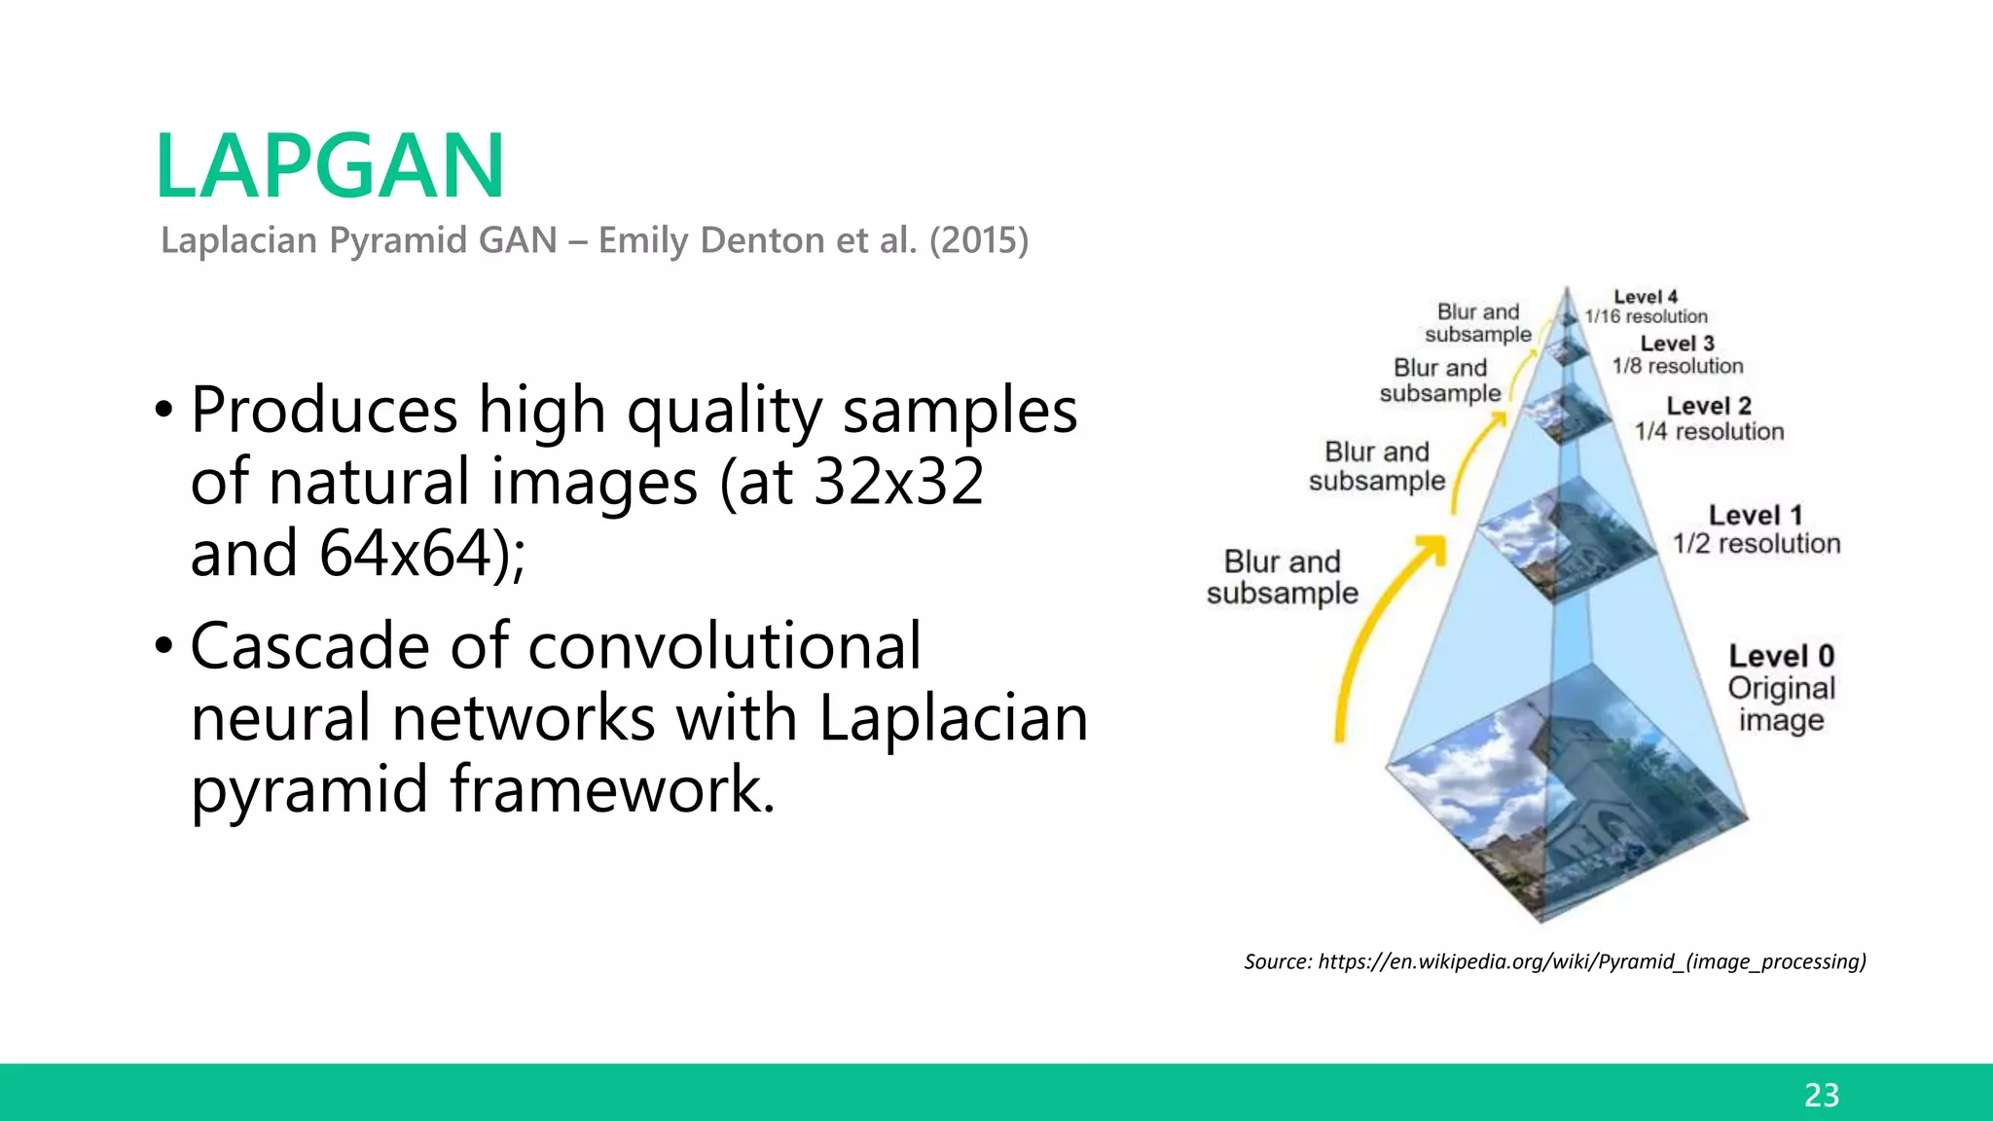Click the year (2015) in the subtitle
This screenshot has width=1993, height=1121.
[978, 240]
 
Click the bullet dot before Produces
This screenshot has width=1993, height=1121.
[164, 410]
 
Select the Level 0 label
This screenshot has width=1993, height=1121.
[1781, 656]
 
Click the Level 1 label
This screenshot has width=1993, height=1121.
[1756, 515]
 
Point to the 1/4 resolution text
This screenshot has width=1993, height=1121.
[1709, 431]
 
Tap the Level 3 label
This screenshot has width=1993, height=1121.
[1677, 344]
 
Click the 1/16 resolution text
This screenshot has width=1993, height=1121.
[1646, 316]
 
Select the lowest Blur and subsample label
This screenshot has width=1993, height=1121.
[1282, 577]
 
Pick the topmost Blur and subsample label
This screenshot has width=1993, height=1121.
[1478, 323]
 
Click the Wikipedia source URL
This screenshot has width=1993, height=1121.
[1591, 961]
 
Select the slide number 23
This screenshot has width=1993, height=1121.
[1821, 1095]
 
